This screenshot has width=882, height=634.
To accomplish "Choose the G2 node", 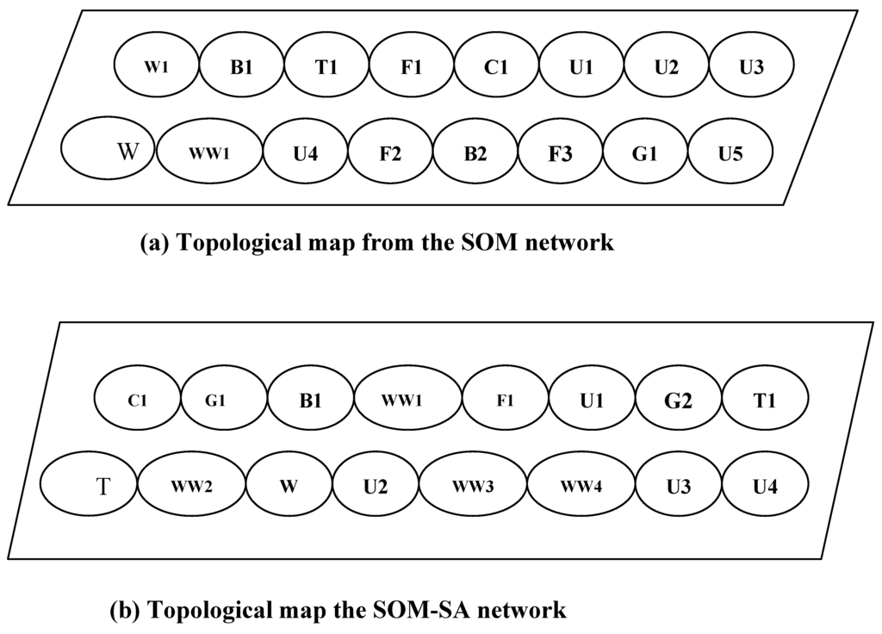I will [677, 399].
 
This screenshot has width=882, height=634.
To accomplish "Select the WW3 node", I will [473, 485].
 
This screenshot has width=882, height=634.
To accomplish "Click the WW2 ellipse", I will [191, 485].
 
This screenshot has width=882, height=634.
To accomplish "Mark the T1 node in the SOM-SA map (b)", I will [765, 399].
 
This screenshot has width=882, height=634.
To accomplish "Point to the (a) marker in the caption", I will [155, 243].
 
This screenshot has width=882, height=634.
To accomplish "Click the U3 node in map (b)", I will [679, 485].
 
